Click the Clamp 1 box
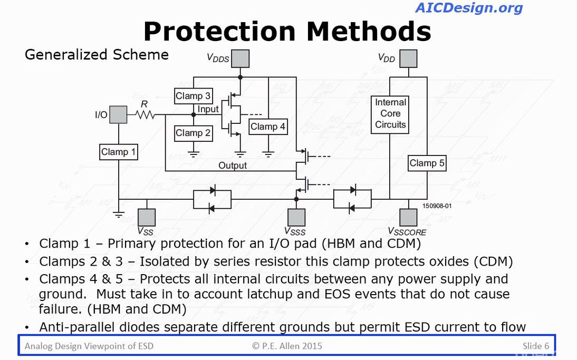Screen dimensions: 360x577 click(119, 152)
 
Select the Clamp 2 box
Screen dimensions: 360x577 click(193, 133)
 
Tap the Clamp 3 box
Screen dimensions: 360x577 click(193, 96)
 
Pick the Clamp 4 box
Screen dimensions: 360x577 click(268, 127)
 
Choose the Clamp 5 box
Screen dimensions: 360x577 click(427, 163)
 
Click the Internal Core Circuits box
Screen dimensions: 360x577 click(390, 114)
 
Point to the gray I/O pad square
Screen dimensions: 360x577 click(118, 114)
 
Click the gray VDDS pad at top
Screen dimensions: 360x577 click(240, 59)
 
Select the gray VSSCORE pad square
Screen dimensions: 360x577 click(408, 218)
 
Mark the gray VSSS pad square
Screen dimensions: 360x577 click(296, 218)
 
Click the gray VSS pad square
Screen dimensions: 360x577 click(146, 218)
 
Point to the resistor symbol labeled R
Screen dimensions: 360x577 click(145, 114)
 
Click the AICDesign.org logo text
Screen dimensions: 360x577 click(469, 8)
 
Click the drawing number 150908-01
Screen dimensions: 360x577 click(437, 206)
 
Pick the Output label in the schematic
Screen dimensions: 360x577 click(233, 166)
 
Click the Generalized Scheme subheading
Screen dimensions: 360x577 click(97, 55)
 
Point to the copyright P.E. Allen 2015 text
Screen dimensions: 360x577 click(287, 346)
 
